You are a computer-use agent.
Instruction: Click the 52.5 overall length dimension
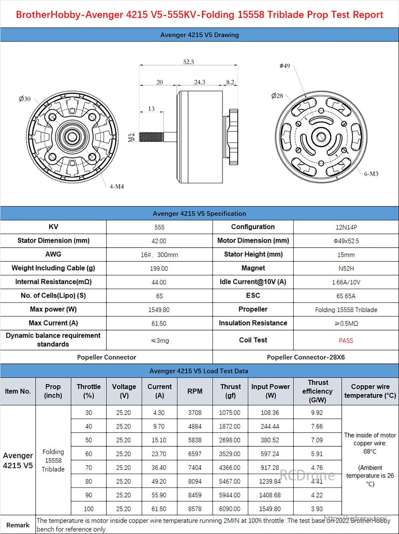pos(189,62)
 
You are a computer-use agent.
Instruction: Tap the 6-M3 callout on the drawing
pos(371,174)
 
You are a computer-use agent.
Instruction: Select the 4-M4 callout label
pos(117,187)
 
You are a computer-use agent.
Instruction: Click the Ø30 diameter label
pos(25,99)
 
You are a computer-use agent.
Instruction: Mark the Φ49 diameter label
pos(285,66)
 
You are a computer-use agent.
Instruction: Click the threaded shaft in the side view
pos(151,137)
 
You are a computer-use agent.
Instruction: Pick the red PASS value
pos(346,340)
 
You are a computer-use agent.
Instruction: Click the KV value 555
pos(159,227)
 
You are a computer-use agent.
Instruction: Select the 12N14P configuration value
pos(346,227)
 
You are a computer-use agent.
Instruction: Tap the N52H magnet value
pos(346,268)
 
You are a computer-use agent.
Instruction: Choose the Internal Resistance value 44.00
pos(159,282)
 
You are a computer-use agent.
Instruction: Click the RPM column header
pos(195,391)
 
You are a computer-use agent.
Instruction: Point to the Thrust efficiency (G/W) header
pos(318,391)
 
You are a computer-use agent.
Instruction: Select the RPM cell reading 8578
pos(195,509)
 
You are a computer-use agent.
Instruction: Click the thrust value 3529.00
pos(229,454)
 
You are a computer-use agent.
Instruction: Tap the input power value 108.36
pos(270,413)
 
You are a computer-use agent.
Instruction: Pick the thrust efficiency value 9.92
pos(317,413)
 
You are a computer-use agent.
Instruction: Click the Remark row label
pos(18,525)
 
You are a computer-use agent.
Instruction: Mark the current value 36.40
pos(159,467)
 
